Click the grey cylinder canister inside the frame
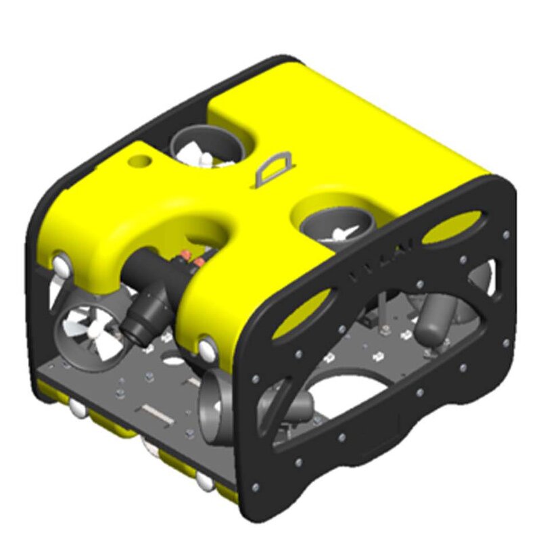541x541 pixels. [433, 318]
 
